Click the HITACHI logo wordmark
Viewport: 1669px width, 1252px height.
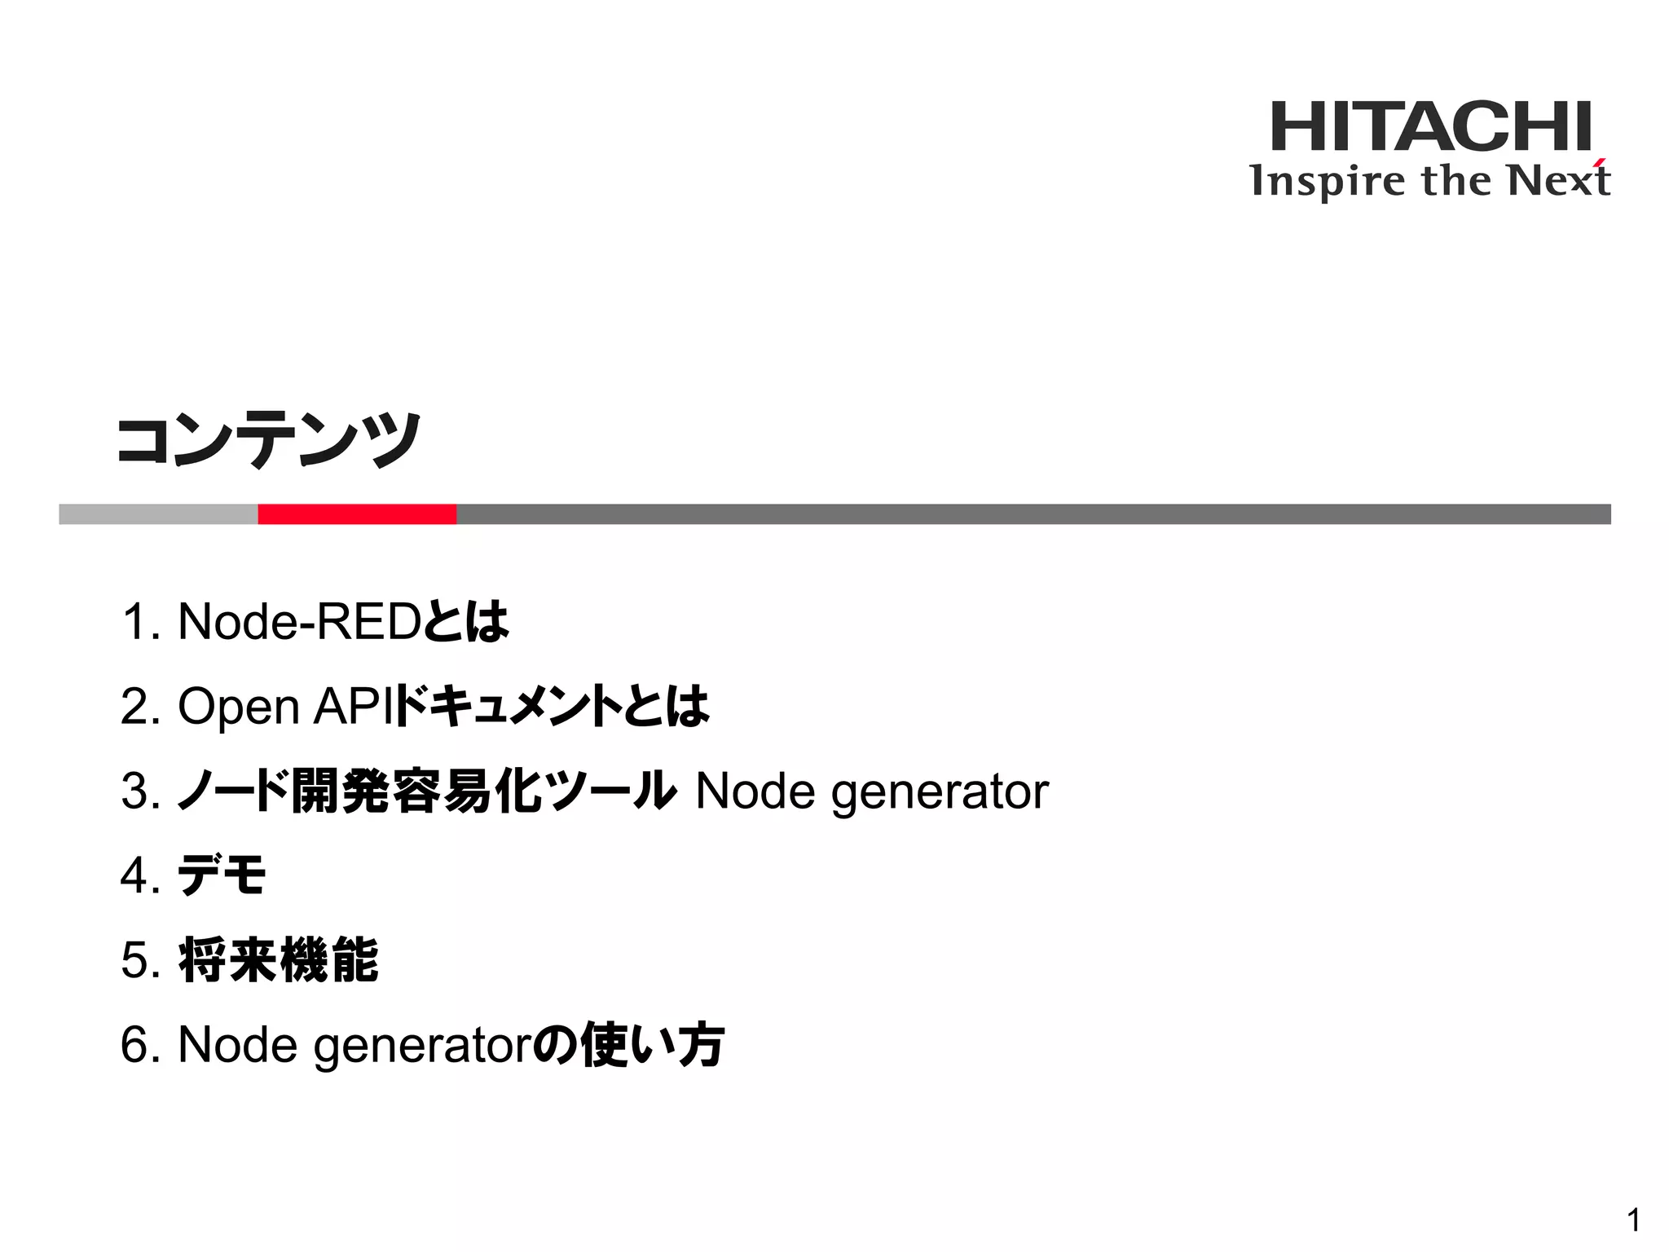[1430, 126]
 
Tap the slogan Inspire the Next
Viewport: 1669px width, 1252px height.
[1429, 181]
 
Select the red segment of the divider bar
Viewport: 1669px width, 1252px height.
[357, 514]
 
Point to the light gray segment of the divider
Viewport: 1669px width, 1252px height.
[158, 514]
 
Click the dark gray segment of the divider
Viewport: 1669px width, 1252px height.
[1033, 514]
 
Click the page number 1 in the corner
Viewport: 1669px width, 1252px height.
[1633, 1220]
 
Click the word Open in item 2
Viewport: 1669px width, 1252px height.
[238, 707]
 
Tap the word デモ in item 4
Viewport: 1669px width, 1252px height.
[222, 875]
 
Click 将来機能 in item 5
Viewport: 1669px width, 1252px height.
[278, 960]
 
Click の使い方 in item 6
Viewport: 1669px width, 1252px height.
[628, 1045]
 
